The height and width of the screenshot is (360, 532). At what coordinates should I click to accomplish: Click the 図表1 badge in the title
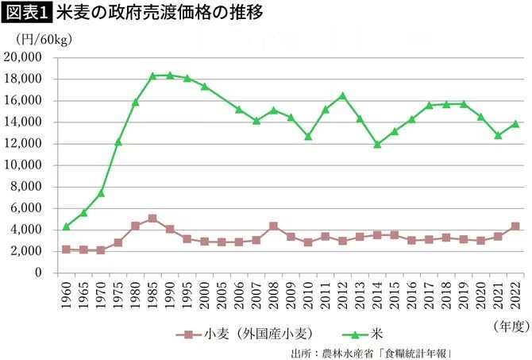(x=26, y=14)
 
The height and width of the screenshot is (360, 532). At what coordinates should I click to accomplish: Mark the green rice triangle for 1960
(x=67, y=226)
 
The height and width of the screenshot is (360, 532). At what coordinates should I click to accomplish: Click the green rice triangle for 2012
(x=342, y=95)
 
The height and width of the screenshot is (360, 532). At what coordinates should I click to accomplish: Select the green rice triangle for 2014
(x=377, y=144)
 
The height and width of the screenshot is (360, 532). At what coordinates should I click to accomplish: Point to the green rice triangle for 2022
(x=515, y=123)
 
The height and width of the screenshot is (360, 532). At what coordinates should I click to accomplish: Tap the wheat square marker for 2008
(x=273, y=226)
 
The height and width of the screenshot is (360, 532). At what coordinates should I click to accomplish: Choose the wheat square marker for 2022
(x=515, y=226)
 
